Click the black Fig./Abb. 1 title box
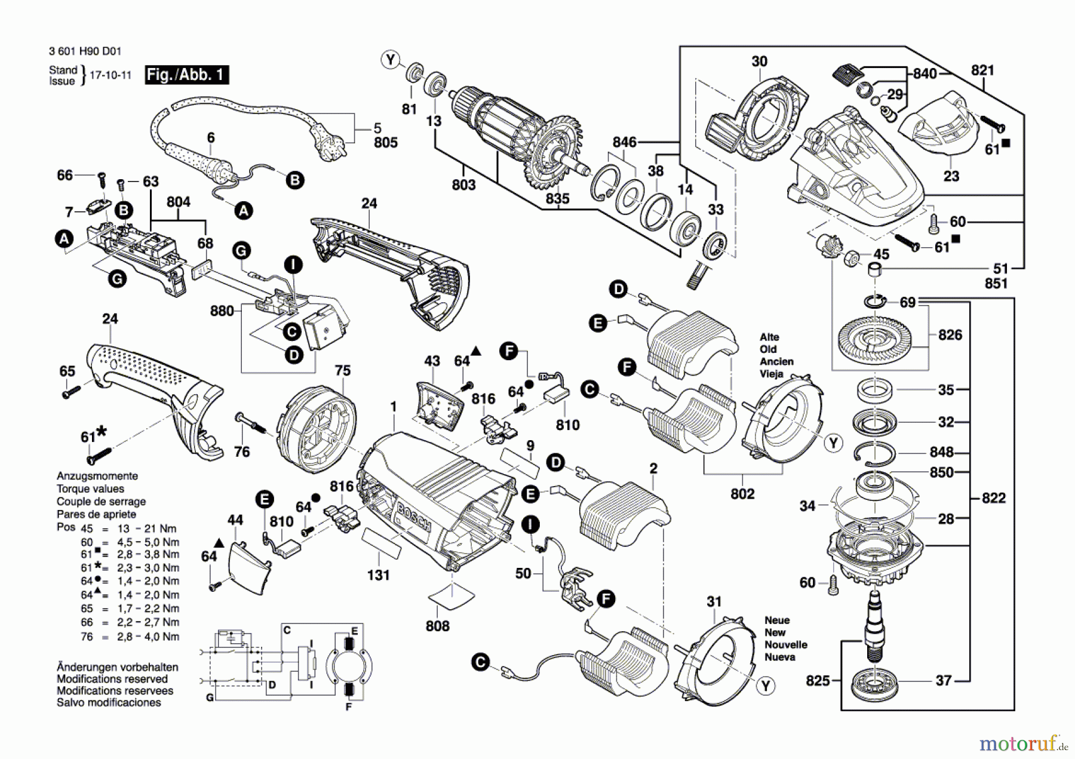click(x=187, y=75)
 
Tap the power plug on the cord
click(x=327, y=145)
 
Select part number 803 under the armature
click(x=463, y=185)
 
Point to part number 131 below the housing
click(x=378, y=575)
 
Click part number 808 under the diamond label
click(x=438, y=626)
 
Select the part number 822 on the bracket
click(x=993, y=498)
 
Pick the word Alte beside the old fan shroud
click(x=769, y=337)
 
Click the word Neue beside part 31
click(x=777, y=620)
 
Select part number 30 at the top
click(x=759, y=62)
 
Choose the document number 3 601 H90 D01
click(x=85, y=51)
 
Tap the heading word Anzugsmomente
click(x=97, y=476)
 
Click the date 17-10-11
click(x=110, y=76)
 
